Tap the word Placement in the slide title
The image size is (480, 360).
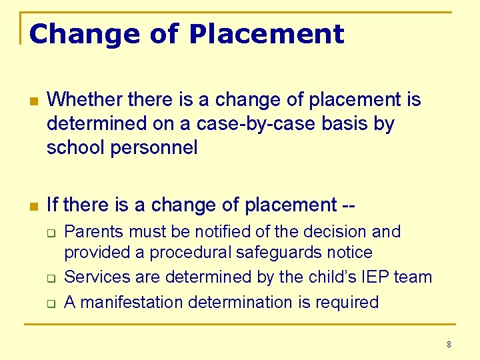[x=267, y=33]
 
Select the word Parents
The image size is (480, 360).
[x=94, y=232]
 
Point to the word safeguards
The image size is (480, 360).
[x=283, y=253]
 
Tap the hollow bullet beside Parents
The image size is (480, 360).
[x=50, y=233]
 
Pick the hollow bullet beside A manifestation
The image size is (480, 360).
[x=50, y=303]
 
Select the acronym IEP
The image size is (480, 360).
[x=376, y=277]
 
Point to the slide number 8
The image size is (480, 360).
[x=449, y=345]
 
